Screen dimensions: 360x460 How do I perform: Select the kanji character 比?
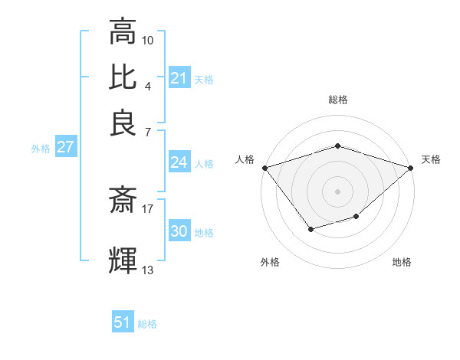[x=123, y=77]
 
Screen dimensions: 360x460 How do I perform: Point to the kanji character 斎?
[x=123, y=201]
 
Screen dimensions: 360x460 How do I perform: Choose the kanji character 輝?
[x=123, y=260]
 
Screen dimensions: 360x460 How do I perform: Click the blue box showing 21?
[x=179, y=78]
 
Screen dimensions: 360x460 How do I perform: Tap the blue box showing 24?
[x=179, y=162]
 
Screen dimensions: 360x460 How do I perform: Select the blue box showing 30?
[x=179, y=231]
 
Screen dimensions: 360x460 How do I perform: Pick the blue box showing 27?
[x=65, y=147]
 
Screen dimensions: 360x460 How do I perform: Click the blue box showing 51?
[x=123, y=322]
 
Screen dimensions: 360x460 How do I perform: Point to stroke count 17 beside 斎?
[x=148, y=208]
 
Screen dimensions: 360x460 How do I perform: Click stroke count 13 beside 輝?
[x=148, y=270]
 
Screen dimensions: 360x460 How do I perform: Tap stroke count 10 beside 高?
[x=148, y=40]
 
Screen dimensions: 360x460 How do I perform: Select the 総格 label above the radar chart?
[x=338, y=100]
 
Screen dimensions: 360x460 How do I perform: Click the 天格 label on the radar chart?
[x=431, y=159]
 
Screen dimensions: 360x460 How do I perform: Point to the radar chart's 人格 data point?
[x=264, y=168]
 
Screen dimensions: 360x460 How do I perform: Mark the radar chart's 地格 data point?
[x=356, y=217]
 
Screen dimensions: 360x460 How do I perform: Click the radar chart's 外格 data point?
[x=310, y=229]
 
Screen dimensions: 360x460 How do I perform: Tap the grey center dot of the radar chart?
[x=338, y=191]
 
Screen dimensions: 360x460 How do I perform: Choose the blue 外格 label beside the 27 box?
[x=40, y=149]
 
